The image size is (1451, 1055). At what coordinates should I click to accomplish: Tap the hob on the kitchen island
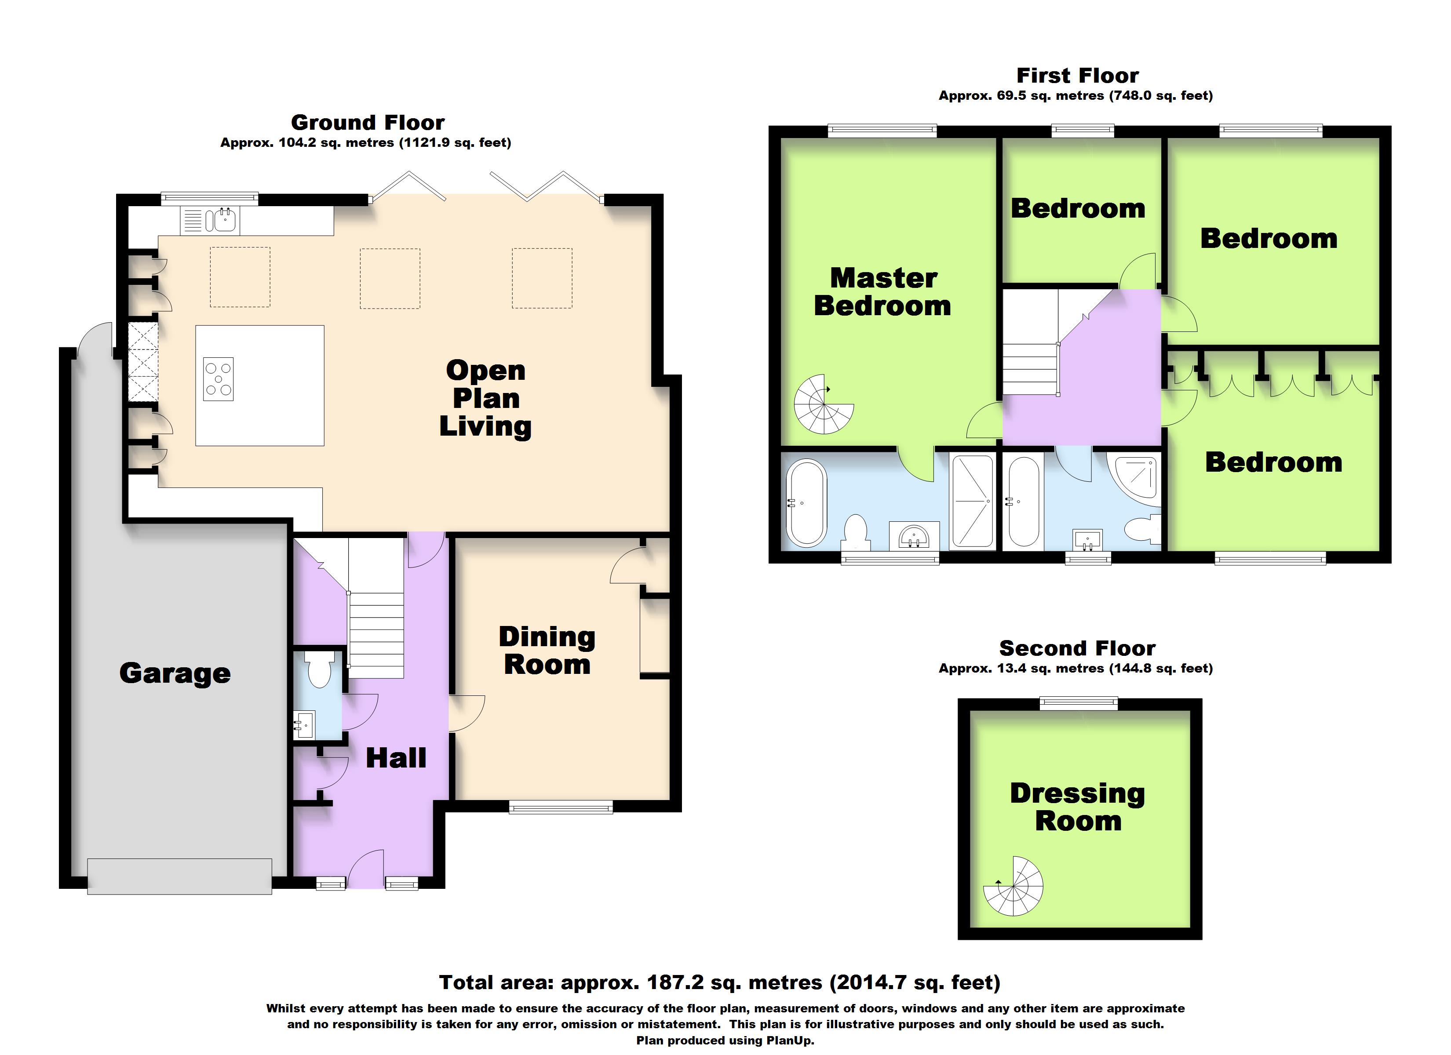(x=218, y=379)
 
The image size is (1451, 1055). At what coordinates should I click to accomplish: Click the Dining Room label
(x=547, y=651)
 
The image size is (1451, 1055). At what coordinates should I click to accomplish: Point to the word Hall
(x=396, y=758)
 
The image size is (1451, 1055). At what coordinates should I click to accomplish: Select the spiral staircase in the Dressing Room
(x=1014, y=887)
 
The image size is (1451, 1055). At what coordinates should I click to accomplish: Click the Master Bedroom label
(x=883, y=292)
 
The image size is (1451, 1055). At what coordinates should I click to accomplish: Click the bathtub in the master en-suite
(x=807, y=503)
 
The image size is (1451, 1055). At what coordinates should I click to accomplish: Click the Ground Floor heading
(x=368, y=122)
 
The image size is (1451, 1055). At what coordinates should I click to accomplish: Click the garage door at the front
(x=180, y=877)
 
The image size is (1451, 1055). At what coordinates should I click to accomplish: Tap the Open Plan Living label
(x=485, y=398)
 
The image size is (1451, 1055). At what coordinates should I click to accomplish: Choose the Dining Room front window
(x=561, y=808)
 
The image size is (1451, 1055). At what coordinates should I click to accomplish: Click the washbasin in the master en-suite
(x=914, y=536)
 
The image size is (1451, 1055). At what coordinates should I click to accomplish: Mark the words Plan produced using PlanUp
(x=725, y=1040)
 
